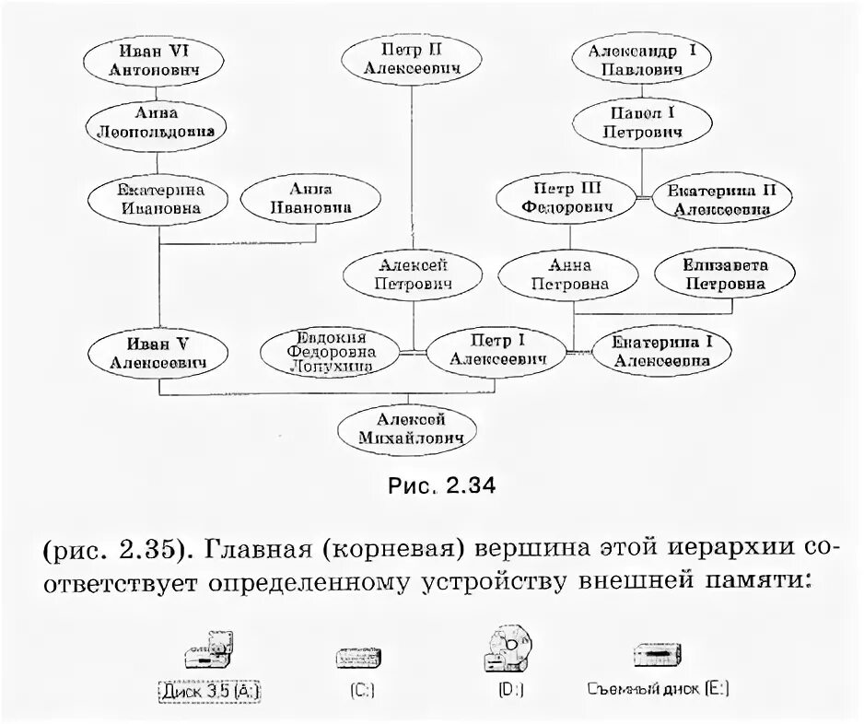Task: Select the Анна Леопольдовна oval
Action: click(155, 123)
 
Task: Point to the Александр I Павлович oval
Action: click(642, 60)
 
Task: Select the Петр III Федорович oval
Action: click(566, 199)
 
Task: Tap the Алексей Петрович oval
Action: click(413, 274)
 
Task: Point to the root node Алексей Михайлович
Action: click(412, 428)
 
